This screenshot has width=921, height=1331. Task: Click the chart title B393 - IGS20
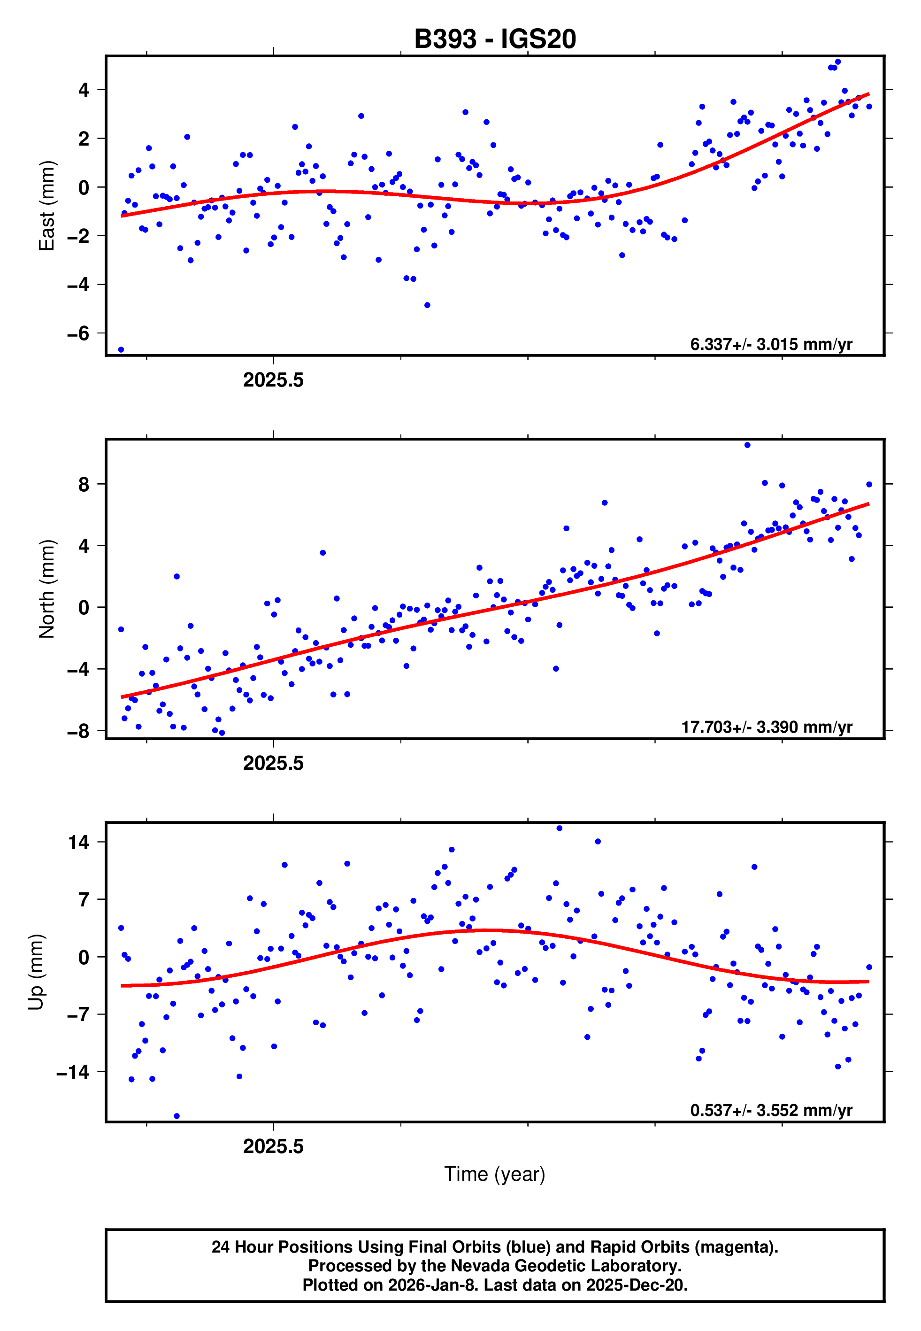(495, 39)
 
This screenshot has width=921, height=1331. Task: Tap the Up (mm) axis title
(36, 972)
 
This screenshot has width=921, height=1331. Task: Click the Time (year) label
(495, 1175)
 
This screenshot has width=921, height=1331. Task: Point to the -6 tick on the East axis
(78, 333)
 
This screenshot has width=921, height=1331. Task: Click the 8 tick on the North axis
(84, 484)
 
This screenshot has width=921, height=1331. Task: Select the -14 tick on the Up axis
(73, 1072)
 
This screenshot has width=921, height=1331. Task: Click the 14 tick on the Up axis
(78, 843)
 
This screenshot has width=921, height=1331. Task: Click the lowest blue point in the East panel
(121, 350)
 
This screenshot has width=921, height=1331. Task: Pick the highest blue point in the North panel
(747, 445)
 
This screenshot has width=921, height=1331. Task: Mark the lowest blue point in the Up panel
(177, 1116)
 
